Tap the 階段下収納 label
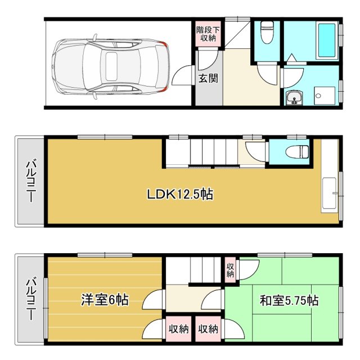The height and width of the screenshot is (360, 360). (209, 34)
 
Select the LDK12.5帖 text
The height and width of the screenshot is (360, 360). (179, 195)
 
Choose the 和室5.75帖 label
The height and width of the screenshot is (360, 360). (289, 300)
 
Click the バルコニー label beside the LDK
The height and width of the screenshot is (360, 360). (30, 181)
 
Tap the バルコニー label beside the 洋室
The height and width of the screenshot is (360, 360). (30, 299)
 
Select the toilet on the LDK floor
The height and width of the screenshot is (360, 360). (296, 151)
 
